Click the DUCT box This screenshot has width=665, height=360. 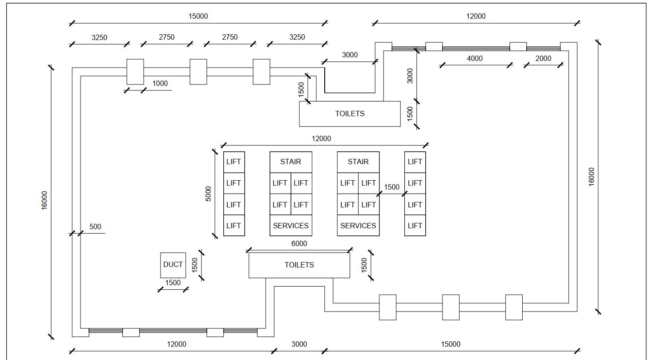[x=173, y=265]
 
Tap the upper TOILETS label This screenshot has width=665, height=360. [x=350, y=114]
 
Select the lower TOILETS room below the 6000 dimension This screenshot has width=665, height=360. [x=299, y=265]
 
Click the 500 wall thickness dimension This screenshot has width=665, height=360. [x=95, y=227]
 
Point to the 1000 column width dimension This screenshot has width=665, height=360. [x=160, y=84]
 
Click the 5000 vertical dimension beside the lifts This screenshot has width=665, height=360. [x=208, y=194]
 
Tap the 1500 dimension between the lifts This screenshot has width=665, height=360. [x=392, y=187]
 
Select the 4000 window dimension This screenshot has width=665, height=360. [x=475, y=59]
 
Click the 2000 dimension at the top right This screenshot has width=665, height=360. [x=543, y=59]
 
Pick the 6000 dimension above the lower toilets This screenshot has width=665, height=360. [x=299, y=244]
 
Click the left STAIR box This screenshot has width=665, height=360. [x=290, y=162]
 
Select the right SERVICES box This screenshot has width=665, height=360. [x=358, y=226]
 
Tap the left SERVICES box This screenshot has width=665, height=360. [x=290, y=226]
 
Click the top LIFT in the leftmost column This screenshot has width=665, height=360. [x=234, y=162]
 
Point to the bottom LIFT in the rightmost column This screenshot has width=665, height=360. [x=415, y=226]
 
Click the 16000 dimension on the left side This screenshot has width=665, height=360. [x=44, y=201]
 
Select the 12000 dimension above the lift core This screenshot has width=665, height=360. [x=321, y=139]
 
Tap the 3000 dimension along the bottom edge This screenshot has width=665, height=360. [x=299, y=344]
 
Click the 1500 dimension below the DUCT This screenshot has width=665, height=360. [x=173, y=283]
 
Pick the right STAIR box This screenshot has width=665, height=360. [x=358, y=162]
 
